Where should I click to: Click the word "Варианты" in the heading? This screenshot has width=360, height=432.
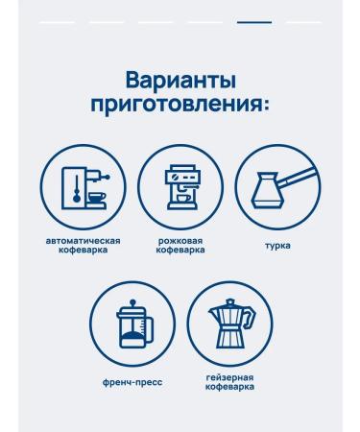coord(180,81)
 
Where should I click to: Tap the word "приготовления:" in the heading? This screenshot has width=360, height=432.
coord(180,106)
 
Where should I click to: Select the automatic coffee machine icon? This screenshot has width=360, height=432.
coord(85,187)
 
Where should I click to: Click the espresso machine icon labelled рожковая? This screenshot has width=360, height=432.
coord(181,187)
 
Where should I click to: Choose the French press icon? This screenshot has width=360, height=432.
coord(134,324)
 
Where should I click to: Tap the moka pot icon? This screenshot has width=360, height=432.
coord(231,324)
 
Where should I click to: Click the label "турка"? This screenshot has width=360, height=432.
coord(277,246)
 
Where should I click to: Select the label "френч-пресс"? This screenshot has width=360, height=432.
coord(132,382)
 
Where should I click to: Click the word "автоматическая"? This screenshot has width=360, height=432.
coord(84,241)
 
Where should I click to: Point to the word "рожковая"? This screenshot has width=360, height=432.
coord(180,241)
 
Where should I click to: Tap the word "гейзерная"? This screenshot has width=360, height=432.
coord(229,377)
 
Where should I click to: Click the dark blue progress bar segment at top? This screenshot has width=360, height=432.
coord(254,22)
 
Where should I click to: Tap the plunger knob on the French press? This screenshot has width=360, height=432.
coord(133,301)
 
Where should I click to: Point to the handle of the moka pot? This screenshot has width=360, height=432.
coord(251,317)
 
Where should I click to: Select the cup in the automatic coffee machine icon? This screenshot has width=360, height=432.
coord(97,197)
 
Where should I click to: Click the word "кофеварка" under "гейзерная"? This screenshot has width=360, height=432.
coord(229,387)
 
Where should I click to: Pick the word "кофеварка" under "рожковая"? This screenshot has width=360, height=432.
coord(180,250)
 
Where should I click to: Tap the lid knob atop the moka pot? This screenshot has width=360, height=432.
coord(230,301)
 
